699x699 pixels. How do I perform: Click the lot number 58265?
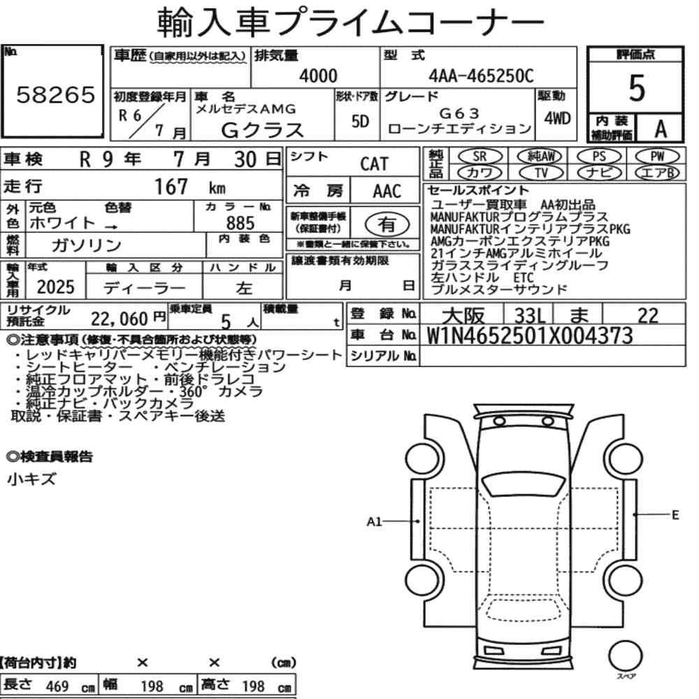(56, 94)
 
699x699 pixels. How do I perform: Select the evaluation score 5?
(637, 88)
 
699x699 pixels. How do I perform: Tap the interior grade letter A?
(661, 129)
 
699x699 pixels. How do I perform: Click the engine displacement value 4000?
(318, 75)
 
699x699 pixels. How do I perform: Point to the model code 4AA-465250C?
(481, 75)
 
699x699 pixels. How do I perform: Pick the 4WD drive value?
(557, 119)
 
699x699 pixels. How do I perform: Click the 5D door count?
(360, 121)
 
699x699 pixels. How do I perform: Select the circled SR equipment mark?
(480, 157)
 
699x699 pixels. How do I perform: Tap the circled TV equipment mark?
(541, 173)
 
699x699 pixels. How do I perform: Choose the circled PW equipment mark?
(657, 157)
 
